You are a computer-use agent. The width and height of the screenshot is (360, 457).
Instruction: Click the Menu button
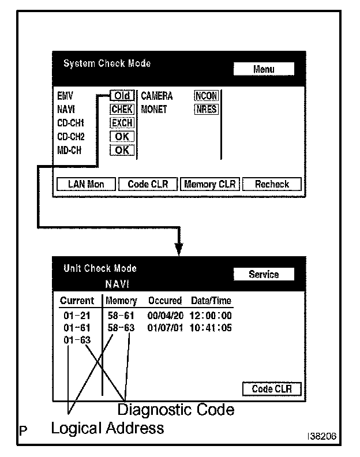click(264, 69)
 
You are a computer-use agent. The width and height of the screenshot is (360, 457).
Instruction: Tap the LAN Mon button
click(86, 184)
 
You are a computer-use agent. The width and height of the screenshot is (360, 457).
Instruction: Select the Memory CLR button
click(209, 184)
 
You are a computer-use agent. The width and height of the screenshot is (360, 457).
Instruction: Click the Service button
click(264, 275)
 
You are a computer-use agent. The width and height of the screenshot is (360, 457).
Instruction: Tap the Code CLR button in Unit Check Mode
click(271, 389)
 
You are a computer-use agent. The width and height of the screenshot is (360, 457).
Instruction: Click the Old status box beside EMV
click(122, 96)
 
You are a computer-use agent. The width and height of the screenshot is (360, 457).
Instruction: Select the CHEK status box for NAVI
click(122, 109)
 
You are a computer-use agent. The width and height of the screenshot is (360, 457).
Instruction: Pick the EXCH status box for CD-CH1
click(122, 123)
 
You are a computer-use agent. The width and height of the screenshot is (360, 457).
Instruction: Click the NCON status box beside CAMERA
click(207, 96)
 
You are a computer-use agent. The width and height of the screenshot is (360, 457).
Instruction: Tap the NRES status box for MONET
click(207, 109)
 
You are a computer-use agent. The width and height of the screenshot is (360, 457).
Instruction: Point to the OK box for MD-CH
click(122, 151)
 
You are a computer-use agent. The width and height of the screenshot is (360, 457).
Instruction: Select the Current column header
click(77, 301)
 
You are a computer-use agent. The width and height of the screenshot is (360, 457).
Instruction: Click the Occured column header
click(165, 301)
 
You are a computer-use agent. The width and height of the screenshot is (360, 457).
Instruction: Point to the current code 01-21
click(77, 316)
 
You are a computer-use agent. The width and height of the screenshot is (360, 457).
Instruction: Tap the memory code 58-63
click(121, 328)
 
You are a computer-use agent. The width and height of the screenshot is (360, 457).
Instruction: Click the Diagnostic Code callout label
click(176, 410)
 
